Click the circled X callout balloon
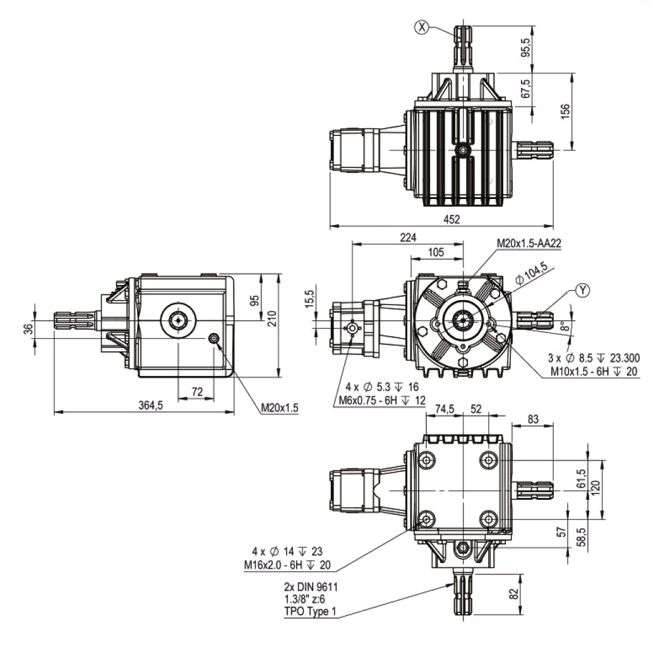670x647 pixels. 422,27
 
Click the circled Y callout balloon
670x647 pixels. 582,291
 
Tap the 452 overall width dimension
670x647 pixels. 452,219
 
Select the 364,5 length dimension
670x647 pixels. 150,405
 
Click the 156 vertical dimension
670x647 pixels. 565,111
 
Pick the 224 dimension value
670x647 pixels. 408,238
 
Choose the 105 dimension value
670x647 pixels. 436,252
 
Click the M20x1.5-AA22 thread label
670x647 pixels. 529,243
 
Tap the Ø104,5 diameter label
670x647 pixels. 531,273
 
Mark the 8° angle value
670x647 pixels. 565,326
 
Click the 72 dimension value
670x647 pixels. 197,392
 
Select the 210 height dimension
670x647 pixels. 272,318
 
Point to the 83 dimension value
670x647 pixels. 533,419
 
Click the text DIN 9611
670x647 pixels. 318,587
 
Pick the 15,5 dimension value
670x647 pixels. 310,298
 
